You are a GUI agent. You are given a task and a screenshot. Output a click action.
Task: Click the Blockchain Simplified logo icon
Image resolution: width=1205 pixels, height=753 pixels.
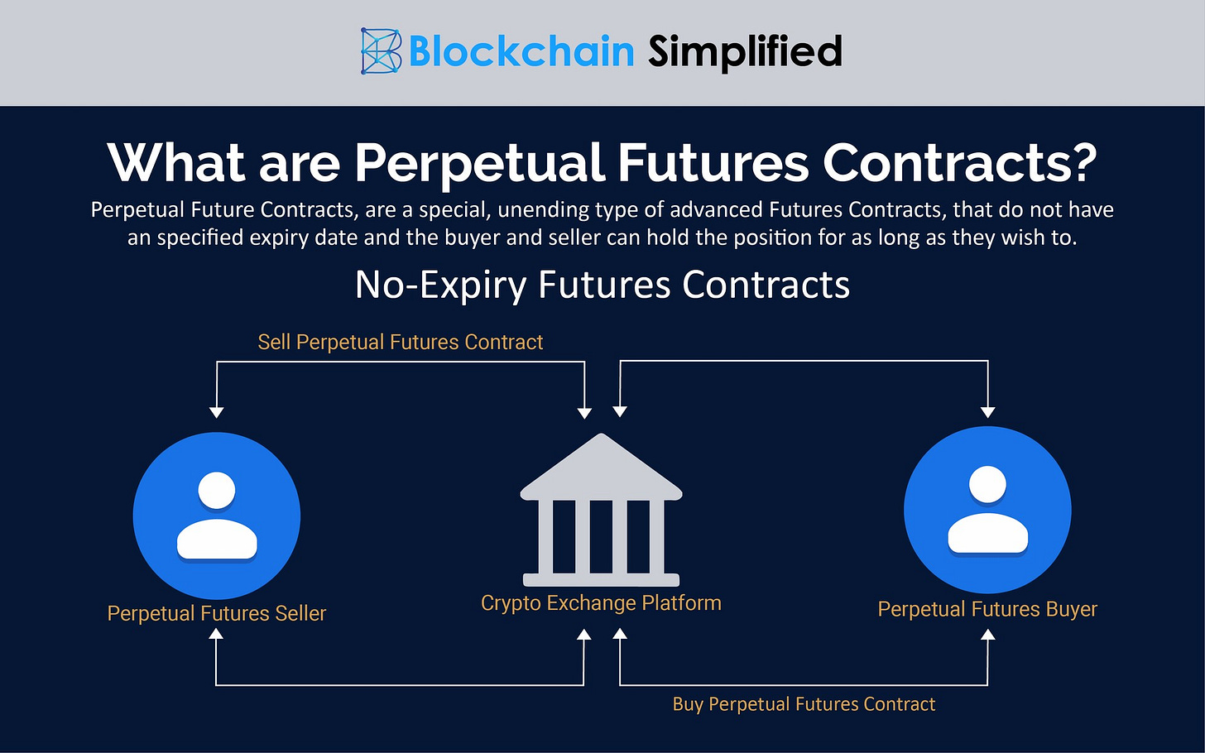[x=381, y=51]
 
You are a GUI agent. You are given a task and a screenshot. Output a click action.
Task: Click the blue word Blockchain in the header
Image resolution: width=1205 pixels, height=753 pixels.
[x=521, y=51]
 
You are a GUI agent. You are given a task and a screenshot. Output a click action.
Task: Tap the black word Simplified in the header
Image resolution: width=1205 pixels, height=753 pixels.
[x=745, y=51]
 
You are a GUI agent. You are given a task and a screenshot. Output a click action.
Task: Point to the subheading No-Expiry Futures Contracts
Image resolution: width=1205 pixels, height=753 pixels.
[x=602, y=285]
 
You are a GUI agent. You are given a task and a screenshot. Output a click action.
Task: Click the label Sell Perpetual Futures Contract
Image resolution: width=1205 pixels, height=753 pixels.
[x=401, y=342]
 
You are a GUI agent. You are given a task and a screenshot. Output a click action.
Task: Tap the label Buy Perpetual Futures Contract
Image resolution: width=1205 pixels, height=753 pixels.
[x=804, y=704]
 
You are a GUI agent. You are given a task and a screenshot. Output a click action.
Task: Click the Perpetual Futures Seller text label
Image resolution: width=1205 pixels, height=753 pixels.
[x=217, y=613]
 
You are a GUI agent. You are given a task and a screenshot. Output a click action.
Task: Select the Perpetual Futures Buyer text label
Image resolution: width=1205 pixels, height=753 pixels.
[x=987, y=609]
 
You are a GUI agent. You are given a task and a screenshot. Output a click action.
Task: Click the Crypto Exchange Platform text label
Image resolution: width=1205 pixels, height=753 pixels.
[x=601, y=603]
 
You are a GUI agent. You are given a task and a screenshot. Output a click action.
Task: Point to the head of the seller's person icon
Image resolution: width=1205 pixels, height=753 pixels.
[x=217, y=490]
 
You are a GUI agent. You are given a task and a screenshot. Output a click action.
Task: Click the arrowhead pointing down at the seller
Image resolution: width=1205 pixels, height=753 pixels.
[x=217, y=412]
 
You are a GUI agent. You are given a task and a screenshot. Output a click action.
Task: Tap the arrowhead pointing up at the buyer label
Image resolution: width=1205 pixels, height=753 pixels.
[x=987, y=635]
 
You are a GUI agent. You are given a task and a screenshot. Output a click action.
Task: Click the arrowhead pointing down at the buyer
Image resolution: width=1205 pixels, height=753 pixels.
[x=987, y=412]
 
